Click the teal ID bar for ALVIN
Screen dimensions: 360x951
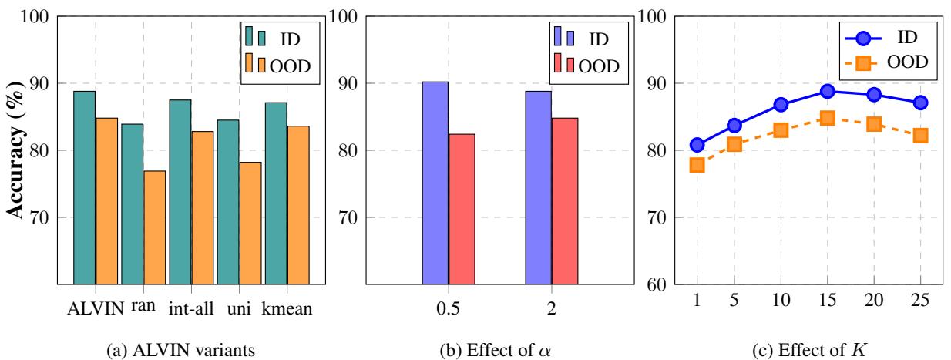pyautogui.click(x=84, y=187)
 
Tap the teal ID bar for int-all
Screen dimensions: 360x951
pyautogui.click(x=180, y=192)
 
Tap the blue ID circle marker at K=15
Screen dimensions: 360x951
pyautogui.click(x=828, y=91)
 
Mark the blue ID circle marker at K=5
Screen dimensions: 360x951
pyautogui.click(x=734, y=125)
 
